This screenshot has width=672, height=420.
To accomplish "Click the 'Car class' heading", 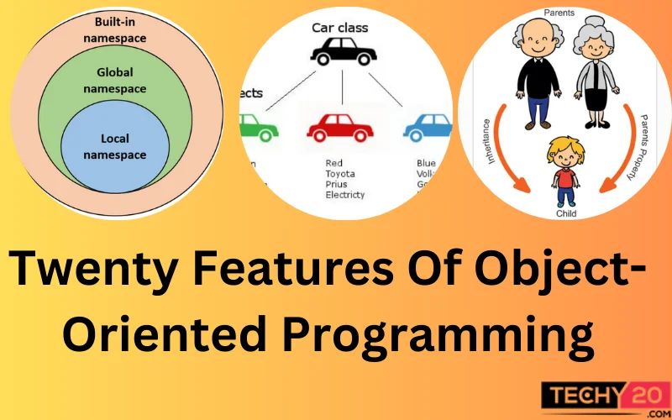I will (x=339, y=29).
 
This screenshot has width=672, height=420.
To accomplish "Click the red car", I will (x=339, y=127).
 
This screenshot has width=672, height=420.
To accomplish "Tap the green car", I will (x=259, y=128).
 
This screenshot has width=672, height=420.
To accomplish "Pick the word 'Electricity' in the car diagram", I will (x=345, y=195).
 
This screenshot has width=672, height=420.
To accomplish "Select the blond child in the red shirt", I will (x=564, y=172).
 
